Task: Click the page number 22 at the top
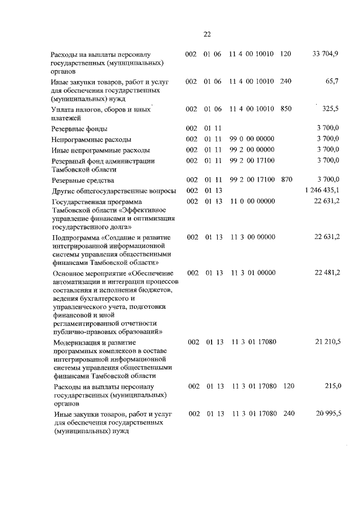206,34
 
